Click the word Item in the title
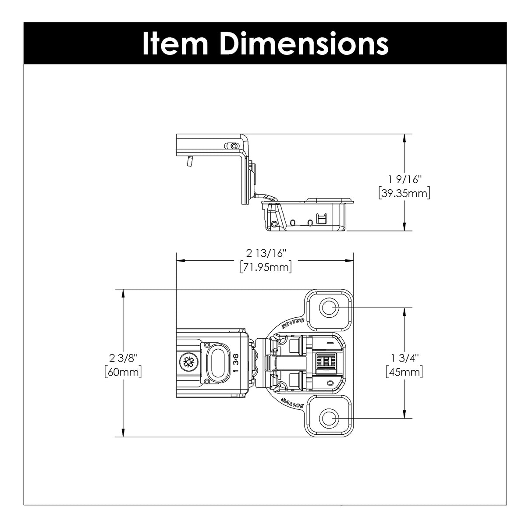point(175,44)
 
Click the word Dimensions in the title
point(304,44)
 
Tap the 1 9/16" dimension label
point(405,180)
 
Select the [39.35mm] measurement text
point(404,193)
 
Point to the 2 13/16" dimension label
point(266,253)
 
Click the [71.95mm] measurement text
point(266,267)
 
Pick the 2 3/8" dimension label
point(123,358)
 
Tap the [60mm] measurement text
point(123,372)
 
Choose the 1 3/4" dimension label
point(405,358)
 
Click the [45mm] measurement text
point(404,372)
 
